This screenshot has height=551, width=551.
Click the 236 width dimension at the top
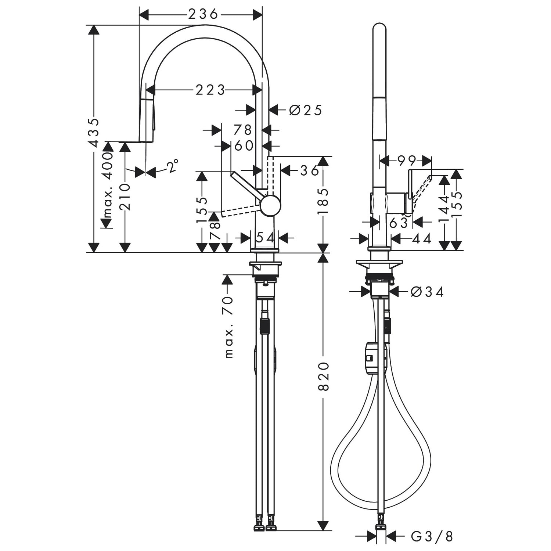coord(203,14)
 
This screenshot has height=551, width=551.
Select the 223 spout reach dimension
coord(210,90)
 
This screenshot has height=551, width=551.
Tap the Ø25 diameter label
coord(306,110)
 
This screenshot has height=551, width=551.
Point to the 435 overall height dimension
coord(94,132)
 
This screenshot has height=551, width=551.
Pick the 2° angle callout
coord(173,166)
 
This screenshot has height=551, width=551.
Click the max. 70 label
coord(228,327)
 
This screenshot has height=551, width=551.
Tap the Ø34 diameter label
coord(427,292)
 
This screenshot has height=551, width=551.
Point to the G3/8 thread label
coord(432,537)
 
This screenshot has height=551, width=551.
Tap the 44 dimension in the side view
coord(422,239)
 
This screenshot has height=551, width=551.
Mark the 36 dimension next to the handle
coord(310,170)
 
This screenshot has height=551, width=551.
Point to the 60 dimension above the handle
coord(244,145)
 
